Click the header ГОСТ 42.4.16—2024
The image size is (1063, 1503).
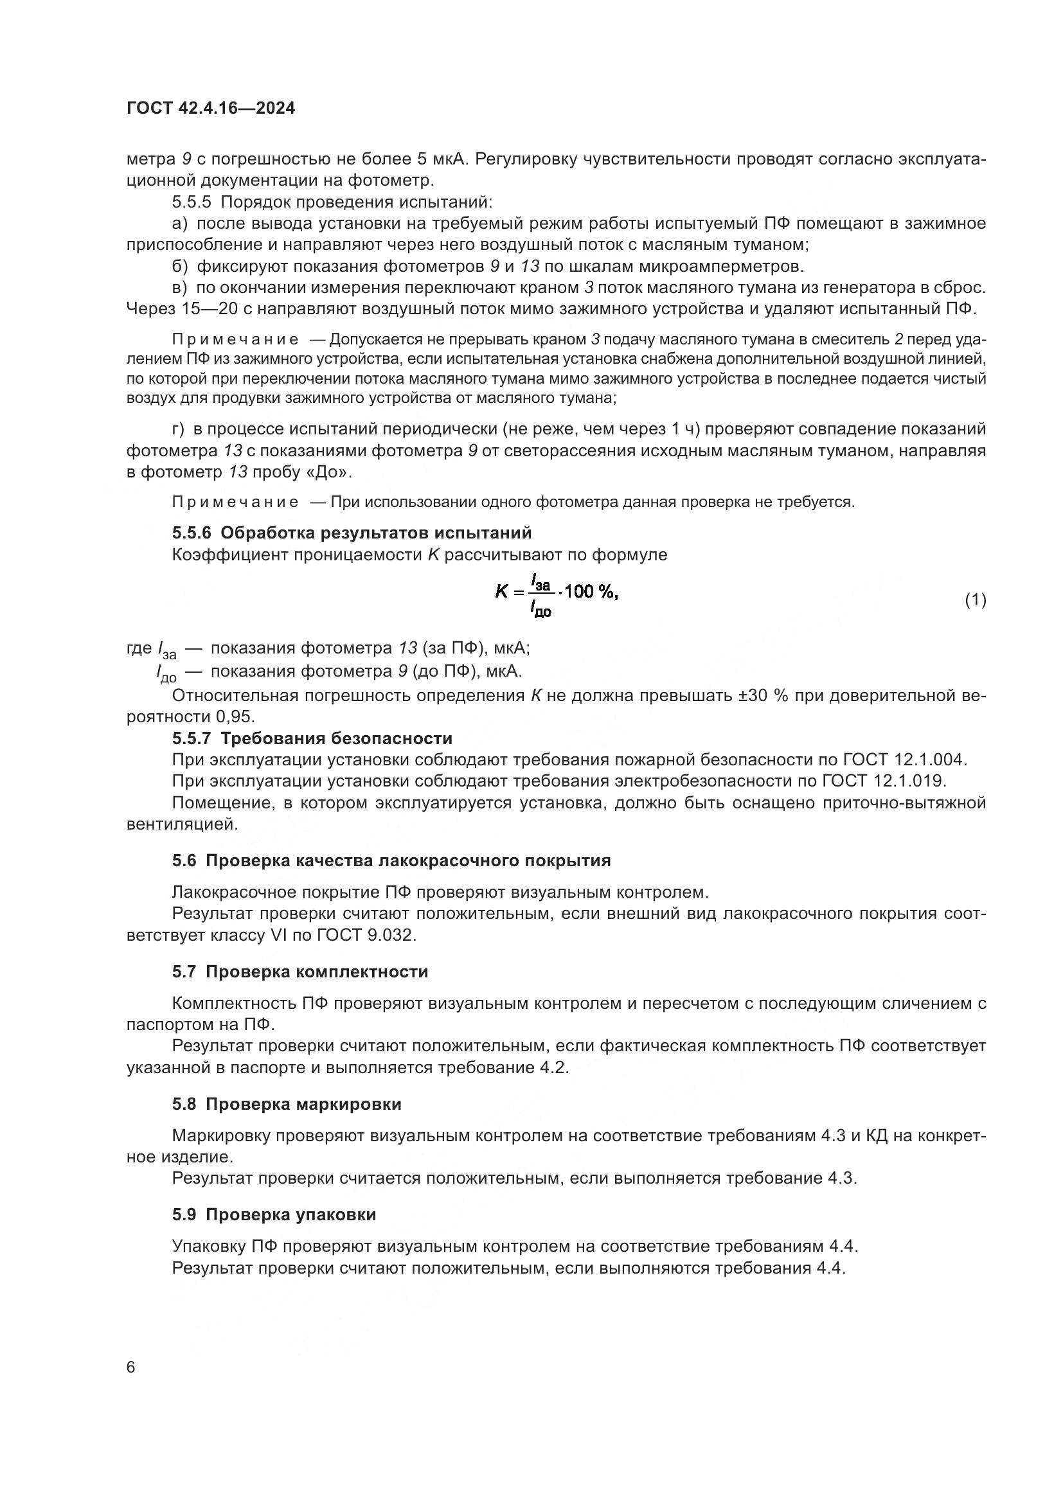pos(210,109)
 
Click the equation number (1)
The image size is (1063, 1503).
pos(976,600)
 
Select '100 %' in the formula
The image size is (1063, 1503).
pos(590,592)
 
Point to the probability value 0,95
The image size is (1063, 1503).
pos(235,717)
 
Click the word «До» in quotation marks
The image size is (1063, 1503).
pos(334,473)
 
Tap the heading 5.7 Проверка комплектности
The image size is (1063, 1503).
pos(299,972)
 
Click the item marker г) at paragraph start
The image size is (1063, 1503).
pos(179,429)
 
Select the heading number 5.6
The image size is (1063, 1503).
pos(184,861)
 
